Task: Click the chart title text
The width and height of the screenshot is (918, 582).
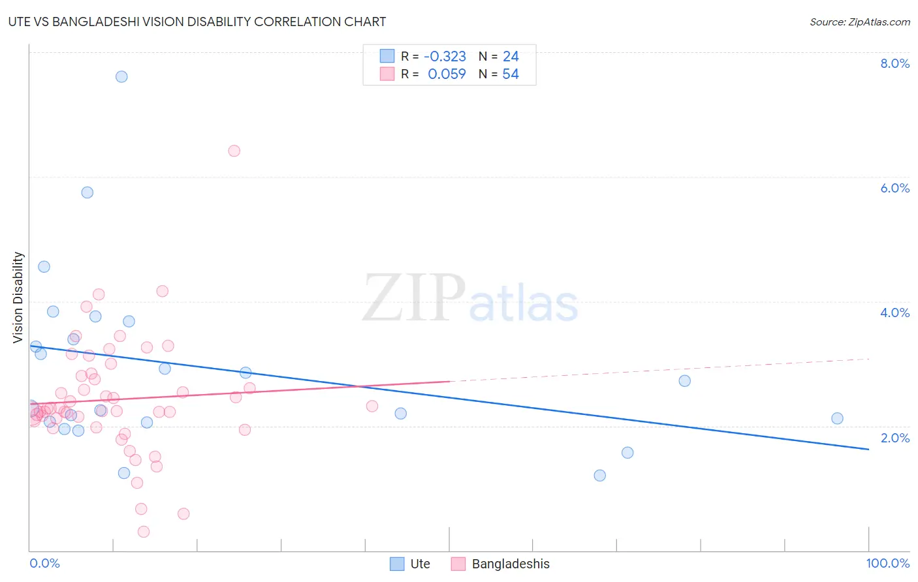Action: pyautogui.click(x=197, y=22)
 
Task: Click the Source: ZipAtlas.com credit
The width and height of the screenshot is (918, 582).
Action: pyautogui.click(x=859, y=22)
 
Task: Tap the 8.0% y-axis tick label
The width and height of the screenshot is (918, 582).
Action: pyautogui.click(x=894, y=63)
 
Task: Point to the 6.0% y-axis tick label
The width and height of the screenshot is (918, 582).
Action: pyautogui.click(x=894, y=188)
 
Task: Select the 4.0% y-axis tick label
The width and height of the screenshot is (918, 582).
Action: pyautogui.click(x=894, y=313)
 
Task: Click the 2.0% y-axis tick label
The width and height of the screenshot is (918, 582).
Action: pyautogui.click(x=894, y=438)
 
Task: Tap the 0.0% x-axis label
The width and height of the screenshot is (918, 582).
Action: pyautogui.click(x=44, y=563)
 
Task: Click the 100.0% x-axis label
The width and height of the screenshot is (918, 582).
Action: pyautogui.click(x=887, y=563)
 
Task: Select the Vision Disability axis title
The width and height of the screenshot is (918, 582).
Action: pyautogui.click(x=18, y=298)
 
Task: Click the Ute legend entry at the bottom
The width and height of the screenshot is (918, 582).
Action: pyautogui.click(x=411, y=564)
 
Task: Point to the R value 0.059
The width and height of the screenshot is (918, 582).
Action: pyautogui.click(x=447, y=74)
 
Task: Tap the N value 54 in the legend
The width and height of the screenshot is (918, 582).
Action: pyautogui.click(x=511, y=74)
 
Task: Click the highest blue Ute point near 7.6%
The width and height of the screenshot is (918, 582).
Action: pyautogui.click(x=121, y=76)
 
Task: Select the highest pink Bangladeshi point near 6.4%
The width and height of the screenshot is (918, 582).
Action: pyautogui.click(x=234, y=151)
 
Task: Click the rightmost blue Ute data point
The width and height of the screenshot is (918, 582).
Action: pyautogui.click(x=837, y=418)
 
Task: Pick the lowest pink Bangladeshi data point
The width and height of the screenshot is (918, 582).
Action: pyautogui.click(x=144, y=532)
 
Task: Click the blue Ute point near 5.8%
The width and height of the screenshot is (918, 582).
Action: pyautogui.click(x=87, y=192)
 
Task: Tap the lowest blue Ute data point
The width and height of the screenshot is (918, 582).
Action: pyautogui.click(x=600, y=475)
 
